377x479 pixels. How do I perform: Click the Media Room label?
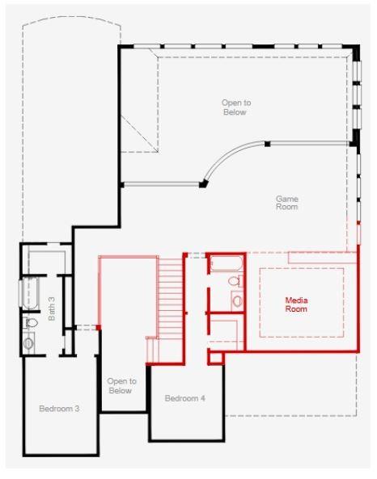coord(296,305)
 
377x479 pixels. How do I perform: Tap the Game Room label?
coord(286,203)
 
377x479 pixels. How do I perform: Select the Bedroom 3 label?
coord(59,409)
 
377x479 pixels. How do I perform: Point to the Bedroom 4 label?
coord(185,398)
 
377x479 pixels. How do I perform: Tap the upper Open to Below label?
coord(235,107)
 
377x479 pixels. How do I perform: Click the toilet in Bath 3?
coord(31,323)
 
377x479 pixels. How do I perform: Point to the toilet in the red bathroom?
coord(234,282)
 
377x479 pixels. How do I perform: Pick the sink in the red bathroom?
coord(236,300)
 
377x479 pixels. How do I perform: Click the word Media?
coord(296,300)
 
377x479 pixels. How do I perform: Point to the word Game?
coord(286,198)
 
